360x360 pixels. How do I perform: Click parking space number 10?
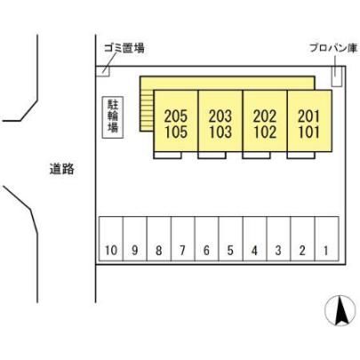point(111,239)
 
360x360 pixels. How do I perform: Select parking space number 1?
point(326,239)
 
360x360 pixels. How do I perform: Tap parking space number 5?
point(231,239)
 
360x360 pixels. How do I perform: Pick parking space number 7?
point(183,239)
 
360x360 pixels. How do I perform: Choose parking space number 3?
point(278,239)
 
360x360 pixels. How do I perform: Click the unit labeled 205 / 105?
point(176,121)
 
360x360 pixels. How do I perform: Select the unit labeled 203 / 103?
point(220,121)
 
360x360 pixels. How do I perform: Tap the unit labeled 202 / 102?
point(265,121)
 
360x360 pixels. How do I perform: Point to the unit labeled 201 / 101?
point(309,121)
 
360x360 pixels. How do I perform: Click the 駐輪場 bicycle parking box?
point(113,117)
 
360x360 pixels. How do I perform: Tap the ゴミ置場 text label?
point(124,48)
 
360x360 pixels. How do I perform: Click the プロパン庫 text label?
point(333,48)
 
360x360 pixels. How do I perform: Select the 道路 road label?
point(61,169)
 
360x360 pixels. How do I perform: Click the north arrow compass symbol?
point(340,311)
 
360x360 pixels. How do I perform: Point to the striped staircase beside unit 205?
point(147,110)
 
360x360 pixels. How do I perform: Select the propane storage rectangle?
point(337,76)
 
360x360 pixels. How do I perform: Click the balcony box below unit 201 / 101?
point(300,156)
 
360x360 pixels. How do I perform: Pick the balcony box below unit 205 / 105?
point(167,156)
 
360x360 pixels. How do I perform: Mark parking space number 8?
point(159,239)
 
